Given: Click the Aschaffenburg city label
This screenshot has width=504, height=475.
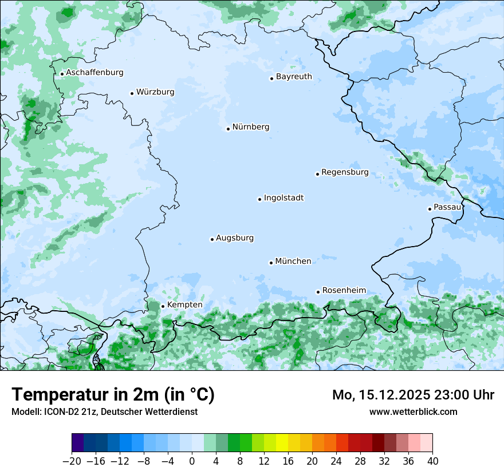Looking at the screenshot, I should coord(94,73).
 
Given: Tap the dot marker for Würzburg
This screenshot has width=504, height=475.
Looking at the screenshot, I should coord(132,93).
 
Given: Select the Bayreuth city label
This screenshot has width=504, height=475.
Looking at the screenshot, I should coord(294,77).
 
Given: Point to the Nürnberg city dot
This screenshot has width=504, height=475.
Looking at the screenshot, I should coord(228,129).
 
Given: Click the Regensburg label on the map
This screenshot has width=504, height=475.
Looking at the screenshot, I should coord(345,172).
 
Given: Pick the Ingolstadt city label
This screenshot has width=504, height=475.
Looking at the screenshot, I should coord(283,198).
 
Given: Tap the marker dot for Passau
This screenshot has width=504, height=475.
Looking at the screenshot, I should coord(430,209).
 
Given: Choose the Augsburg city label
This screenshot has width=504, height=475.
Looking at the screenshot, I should coord(235,238).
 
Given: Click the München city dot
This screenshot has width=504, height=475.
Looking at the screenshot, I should coord(271,263).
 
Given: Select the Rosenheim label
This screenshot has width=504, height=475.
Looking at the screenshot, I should coord(344,291).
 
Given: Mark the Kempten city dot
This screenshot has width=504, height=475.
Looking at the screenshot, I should coord(163,306).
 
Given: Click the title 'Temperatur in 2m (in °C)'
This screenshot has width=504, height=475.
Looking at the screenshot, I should coord(113,394).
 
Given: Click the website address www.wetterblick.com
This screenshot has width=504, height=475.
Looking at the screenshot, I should coord(413,411).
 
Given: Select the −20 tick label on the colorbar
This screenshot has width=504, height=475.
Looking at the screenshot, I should coord(72,461).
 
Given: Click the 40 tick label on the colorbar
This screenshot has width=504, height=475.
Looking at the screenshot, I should coord(432,461).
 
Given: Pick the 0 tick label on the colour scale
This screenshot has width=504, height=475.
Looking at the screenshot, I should coord(192,461).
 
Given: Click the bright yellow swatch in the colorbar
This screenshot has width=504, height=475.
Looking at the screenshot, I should coord(282,443).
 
